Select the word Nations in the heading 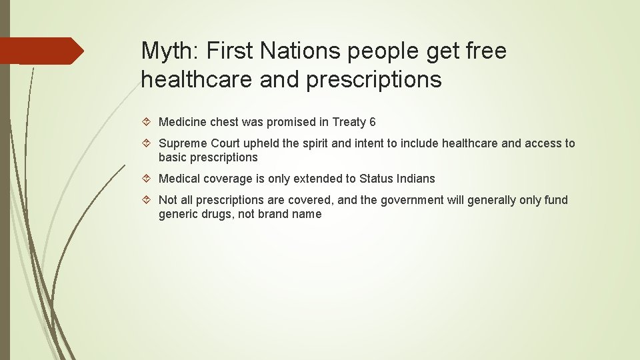pos(308,51)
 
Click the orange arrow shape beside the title pos(41,51)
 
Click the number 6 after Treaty pos(372,122)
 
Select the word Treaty pos(349,122)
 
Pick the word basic pos(172,158)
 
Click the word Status pos(376,179)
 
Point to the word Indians pos(415,179)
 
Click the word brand pos(275,215)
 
